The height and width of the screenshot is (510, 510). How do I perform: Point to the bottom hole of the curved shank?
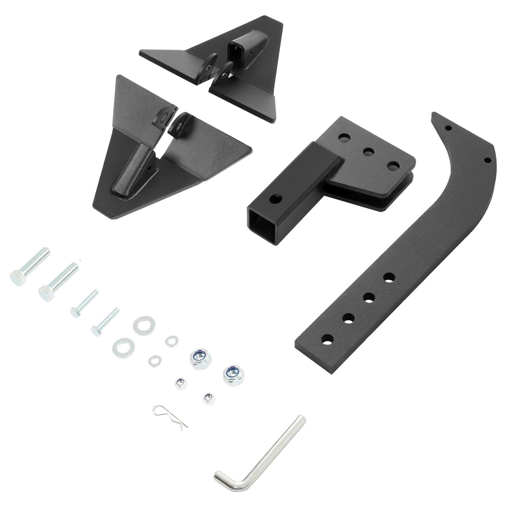[x=328, y=339]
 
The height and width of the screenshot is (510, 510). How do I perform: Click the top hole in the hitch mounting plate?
[x=344, y=138]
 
